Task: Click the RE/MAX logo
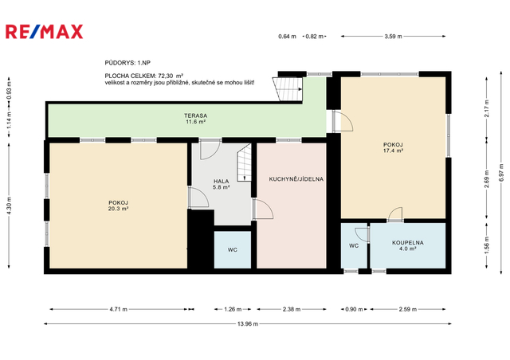pyautogui.click(x=45, y=32)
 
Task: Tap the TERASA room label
pyautogui.click(x=195, y=115)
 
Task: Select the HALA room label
pyautogui.click(x=222, y=181)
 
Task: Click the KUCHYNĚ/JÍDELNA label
pyautogui.click(x=296, y=179)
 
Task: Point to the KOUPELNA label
pyautogui.click(x=407, y=243)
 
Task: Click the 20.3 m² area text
pyautogui.click(x=118, y=209)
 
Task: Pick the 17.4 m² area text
pyautogui.click(x=393, y=151)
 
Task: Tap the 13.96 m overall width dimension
pyautogui.click(x=248, y=323)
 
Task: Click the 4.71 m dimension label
pyautogui.click(x=119, y=309)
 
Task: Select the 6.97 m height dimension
pyautogui.click(x=501, y=172)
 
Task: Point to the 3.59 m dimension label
pyautogui.click(x=393, y=37)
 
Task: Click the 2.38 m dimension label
pyautogui.click(x=292, y=309)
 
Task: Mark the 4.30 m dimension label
pyautogui.click(x=9, y=205)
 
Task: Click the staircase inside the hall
pyautogui.click(x=245, y=162)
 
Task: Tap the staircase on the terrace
pyautogui.click(x=288, y=89)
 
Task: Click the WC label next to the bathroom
pyautogui.click(x=354, y=246)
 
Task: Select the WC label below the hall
pyautogui.click(x=232, y=250)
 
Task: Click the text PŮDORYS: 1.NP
pyautogui.click(x=127, y=63)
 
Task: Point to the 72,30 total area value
pyautogui.click(x=166, y=76)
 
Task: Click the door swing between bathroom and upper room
pyautogui.click(x=394, y=213)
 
